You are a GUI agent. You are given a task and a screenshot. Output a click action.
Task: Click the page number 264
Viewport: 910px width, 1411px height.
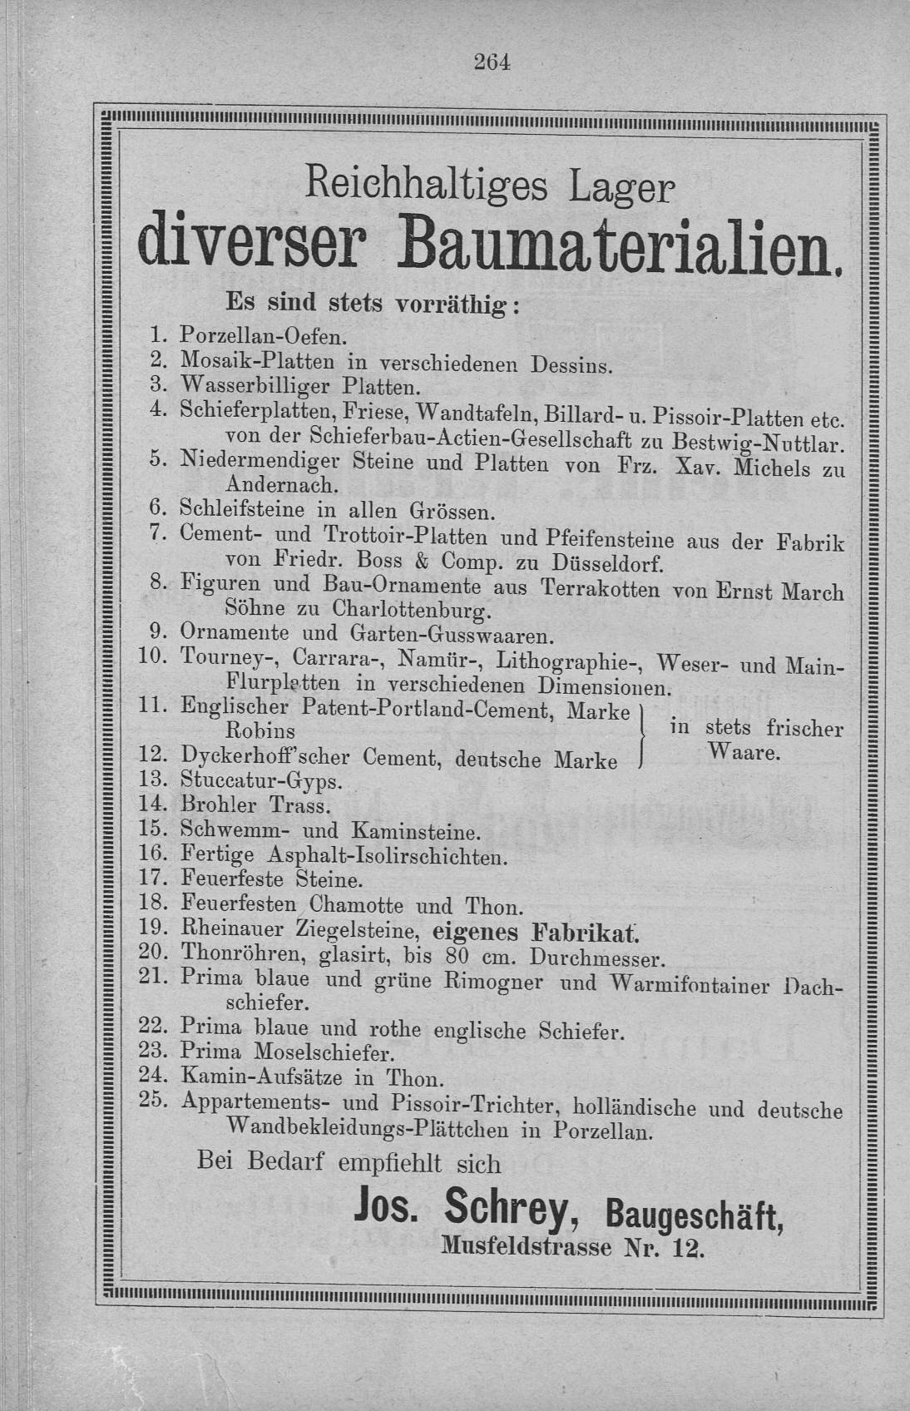(491, 62)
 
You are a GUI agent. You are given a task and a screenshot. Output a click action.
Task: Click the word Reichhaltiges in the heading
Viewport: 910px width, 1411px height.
(427, 182)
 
